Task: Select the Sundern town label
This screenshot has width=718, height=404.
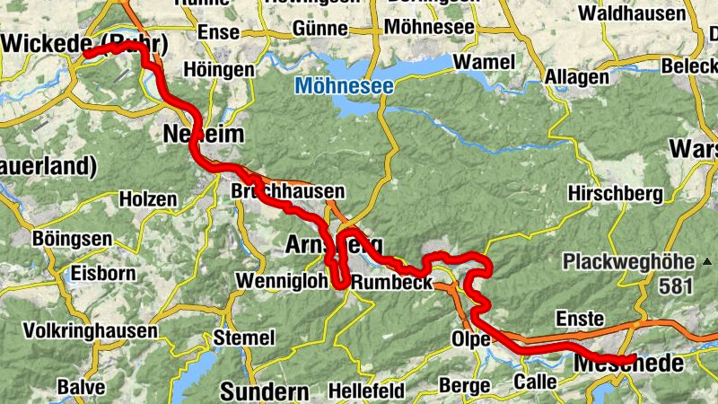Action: pyautogui.click(x=264, y=391)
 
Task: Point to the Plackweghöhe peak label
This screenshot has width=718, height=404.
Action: pyautogui.click(x=628, y=262)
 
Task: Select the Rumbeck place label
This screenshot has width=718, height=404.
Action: pyautogui.click(x=391, y=282)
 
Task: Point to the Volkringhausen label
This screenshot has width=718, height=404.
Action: pyautogui.click(x=91, y=329)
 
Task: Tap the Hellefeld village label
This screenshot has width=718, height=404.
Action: pyautogui.click(x=365, y=391)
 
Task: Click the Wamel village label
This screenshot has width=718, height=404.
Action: pyautogui.click(x=485, y=62)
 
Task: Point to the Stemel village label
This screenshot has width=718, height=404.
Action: pyautogui.click(x=244, y=338)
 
